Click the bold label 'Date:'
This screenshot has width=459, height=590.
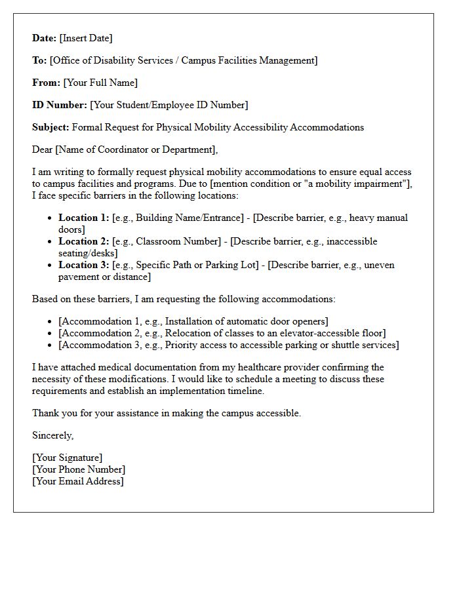click(44, 38)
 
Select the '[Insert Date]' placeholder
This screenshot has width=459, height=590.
click(86, 38)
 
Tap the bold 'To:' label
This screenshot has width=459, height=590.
click(39, 60)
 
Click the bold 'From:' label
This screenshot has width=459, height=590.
click(46, 83)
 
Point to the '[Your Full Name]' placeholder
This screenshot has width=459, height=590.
click(100, 83)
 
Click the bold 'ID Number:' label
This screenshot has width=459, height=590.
click(60, 105)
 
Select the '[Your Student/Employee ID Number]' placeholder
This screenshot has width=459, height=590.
click(169, 105)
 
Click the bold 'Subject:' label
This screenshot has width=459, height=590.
click(50, 127)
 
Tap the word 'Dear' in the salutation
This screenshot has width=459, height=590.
click(42, 149)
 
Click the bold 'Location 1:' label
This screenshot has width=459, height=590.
click(84, 218)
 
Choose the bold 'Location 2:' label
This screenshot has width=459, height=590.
click(84, 241)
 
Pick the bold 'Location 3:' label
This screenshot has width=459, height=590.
click(84, 265)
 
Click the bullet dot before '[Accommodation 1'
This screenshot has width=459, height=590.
click(50, 322)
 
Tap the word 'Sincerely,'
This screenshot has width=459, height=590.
click(53, 435)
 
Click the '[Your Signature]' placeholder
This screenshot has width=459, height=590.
click(68, 458)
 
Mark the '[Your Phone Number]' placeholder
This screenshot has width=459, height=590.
click(79, 469)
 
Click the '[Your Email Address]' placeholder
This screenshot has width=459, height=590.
click(78, 481)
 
